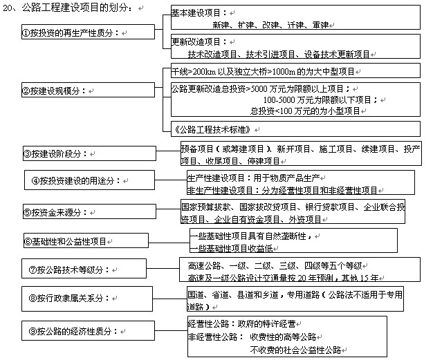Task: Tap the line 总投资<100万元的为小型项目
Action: [x=305, y=110]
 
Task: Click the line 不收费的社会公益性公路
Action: [x=295, y=350]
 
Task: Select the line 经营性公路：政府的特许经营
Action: [x=246, y=324]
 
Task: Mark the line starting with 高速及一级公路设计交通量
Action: [x=284, y=278]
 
